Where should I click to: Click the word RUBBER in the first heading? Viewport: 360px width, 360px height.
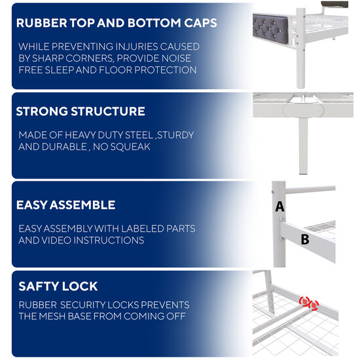tap(41, 23)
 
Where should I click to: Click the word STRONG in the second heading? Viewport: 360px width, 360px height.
tap(42, 111)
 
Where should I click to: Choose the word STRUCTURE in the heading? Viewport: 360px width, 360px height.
tap(108, 111)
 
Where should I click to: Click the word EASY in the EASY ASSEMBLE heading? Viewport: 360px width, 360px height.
tap(31, 205)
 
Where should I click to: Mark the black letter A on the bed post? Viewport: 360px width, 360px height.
tap(279, 206)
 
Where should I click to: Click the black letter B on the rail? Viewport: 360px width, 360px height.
tap(305, 239)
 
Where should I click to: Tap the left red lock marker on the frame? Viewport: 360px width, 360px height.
tap(304, 301)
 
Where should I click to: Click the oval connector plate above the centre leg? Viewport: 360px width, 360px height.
tap(303, 111)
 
